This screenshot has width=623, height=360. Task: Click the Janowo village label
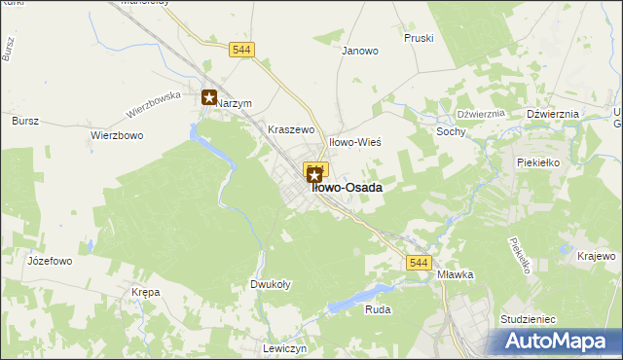359,52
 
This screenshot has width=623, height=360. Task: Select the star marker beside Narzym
208,97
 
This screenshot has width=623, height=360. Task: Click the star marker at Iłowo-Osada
314,174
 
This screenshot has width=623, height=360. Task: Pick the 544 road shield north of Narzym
242,50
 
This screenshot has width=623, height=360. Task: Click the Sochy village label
451,131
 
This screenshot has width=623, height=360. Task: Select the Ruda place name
377,309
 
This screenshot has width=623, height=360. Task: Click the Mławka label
455,274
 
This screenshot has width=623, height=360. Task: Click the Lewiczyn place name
285,348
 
